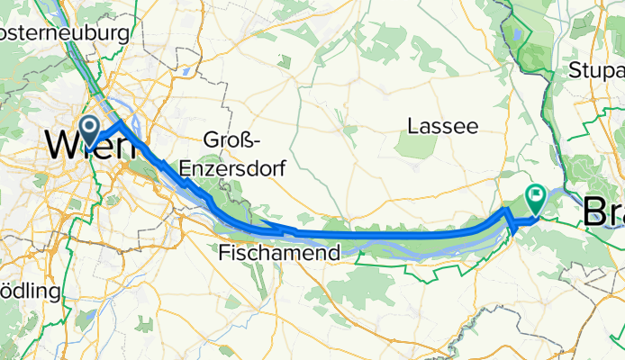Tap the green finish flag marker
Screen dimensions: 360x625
(x=537, y=193)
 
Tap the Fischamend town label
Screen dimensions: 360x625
(x=279, y=254)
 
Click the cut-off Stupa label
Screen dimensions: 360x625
(x=597, y=71)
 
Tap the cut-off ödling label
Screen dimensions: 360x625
(x=30, y=292)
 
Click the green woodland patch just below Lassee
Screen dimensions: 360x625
(x=415, y=146)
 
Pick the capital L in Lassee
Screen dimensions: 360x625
(x=413, y=125)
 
